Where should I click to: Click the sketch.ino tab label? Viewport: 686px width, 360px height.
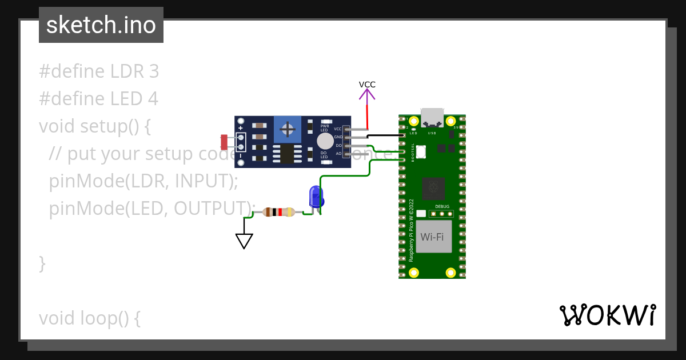pyautogui.click(x=101, y=25)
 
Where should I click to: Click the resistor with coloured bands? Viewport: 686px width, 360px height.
pyautogui.click(x=278, y=213)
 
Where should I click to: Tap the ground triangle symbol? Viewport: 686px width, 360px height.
pyautogui.click(x=244, y=241)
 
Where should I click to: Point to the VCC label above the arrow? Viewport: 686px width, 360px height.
pyautogui.click(x=367, y=85)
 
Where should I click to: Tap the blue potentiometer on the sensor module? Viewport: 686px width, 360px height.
pyautogui.click(x=287, y=130)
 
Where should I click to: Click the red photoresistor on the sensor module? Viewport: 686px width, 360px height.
pyautogui.click(x=224, y=141)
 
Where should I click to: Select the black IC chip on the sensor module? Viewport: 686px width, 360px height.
pyautogui.click(x=284, y=153)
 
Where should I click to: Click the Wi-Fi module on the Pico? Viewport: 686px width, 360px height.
pyautogui.click(x=433, y=237)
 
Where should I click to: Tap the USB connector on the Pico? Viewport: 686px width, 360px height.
pyautogui.click(x=432, y=117)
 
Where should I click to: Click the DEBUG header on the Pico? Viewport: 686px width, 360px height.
pyautogui.click(x=441, y=214)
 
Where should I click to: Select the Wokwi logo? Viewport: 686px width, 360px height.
pyautogui.click(x=607, y=315)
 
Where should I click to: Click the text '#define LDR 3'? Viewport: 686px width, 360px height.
pyautogui.click(x=99, y=71)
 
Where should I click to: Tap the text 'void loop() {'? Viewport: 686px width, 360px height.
pyautogui.click(x=89, y=318)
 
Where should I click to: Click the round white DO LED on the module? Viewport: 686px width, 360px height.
pyautogui.click(x=325, y=141)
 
